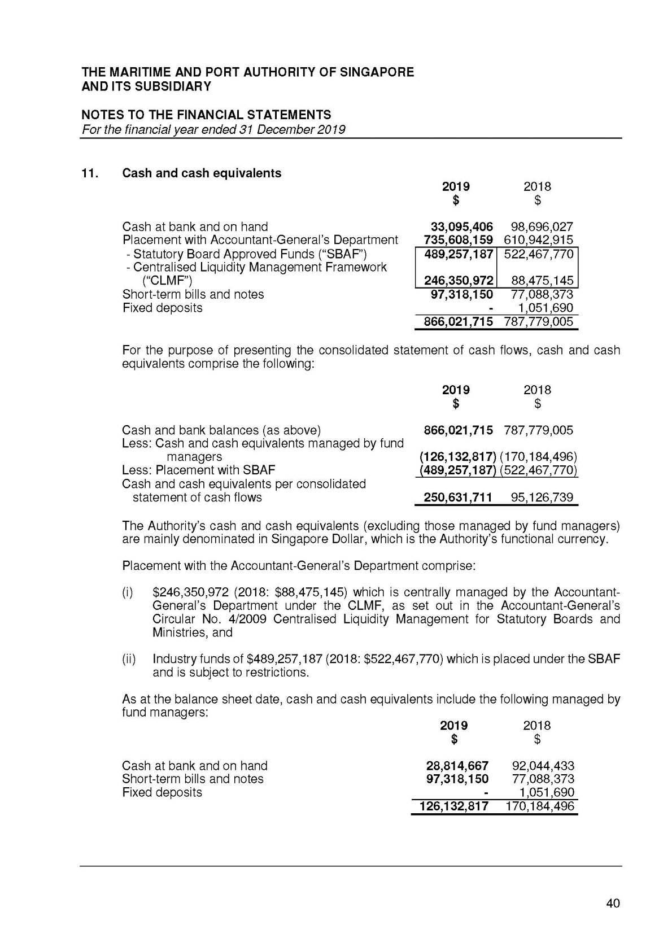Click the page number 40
coord(613,903)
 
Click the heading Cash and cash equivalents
coord(202,173)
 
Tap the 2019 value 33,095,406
coord(461,227)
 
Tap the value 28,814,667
coord(457,766)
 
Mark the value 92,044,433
coord(543,766)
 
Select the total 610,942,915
coord(538,240)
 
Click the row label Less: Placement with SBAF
coord(199,470)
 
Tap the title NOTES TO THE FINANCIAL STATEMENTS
coord(207,115)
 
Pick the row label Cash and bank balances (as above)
coord(221,430)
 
